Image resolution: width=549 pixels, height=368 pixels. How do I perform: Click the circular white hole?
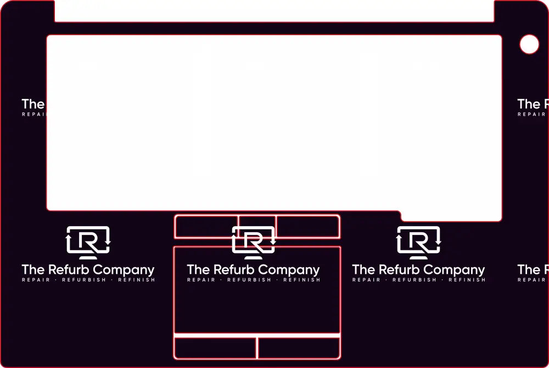click(529, 45)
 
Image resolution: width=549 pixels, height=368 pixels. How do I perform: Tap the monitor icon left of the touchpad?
click(88, 243)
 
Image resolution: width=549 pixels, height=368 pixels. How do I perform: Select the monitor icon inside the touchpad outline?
click(253, 243)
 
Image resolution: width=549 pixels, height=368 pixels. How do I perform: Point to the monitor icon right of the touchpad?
click(418, 243)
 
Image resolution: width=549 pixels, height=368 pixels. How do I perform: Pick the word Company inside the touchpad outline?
click(289, 270)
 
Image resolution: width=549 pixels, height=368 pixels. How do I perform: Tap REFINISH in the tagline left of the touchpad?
click(137, 280)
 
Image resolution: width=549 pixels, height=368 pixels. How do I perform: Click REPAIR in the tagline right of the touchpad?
click(366, 280)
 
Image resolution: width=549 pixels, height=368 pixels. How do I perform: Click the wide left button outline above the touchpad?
click(206, 226)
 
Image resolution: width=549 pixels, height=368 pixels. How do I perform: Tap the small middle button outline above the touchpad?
click(257, 220)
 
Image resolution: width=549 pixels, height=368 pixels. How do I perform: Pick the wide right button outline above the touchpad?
click(307, 226)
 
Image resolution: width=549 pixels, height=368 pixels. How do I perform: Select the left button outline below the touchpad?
click(215, 348)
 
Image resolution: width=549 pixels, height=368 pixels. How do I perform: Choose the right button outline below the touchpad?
click(299, 348)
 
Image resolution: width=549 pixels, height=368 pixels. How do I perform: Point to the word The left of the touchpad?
click(33, 270)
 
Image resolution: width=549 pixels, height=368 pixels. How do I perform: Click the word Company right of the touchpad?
click(455, 270)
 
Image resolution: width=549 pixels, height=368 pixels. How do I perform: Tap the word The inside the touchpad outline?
click(198, 270)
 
